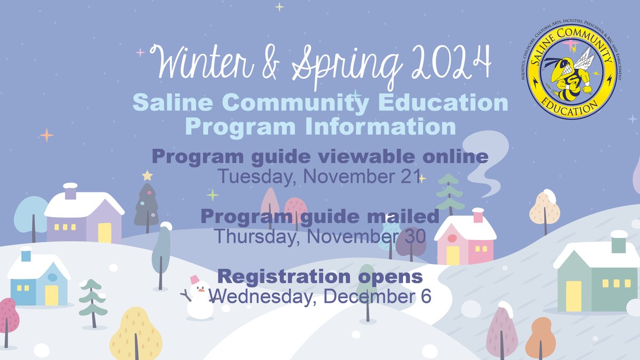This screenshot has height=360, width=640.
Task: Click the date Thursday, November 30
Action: click(x=319, y=236)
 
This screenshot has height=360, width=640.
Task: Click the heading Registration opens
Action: click(x=321, y=277)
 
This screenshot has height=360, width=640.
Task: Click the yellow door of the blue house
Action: click(x=51, y=295)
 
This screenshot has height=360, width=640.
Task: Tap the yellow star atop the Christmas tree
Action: click(x=147, y=175)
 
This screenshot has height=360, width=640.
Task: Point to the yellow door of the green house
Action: click(x=573, y=295)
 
